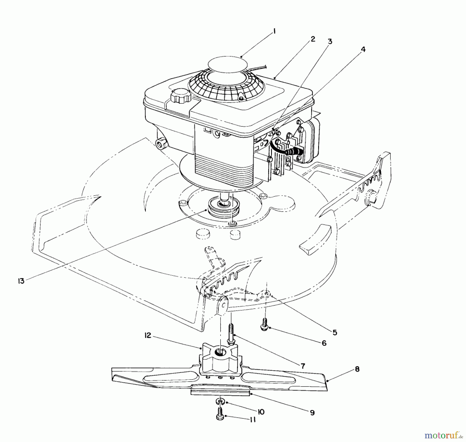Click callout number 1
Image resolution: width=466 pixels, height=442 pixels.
[x=274, y=32]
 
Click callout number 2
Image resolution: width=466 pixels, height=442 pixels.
[x=313, y=39]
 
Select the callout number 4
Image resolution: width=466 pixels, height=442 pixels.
[x=363, y=49]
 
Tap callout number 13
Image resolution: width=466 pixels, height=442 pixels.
[x=21, y=281]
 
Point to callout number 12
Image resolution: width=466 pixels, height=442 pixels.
[x=148, y=336]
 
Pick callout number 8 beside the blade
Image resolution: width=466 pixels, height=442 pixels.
[x=357, y=369]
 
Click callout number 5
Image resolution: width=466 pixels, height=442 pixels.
[x=335, y=332]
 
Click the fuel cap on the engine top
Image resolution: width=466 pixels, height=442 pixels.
[x=180, y=98]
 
